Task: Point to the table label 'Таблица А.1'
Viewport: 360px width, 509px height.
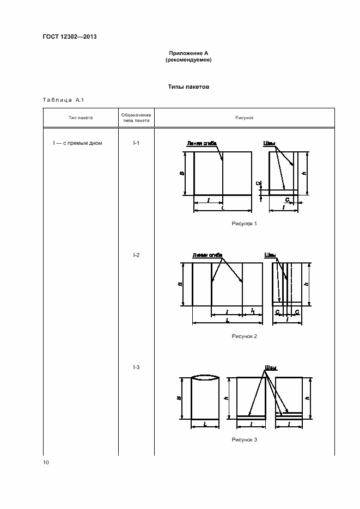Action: [62, 100]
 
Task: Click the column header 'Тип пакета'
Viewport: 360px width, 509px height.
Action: [81, 118]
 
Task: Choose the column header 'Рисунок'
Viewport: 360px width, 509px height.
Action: [244, 118]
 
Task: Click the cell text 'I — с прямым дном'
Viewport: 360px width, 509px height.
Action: [78, 143]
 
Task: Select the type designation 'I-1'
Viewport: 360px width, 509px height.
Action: [136, 143]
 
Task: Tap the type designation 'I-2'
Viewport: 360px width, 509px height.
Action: [136, 255]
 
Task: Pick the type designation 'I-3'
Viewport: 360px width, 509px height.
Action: [136, 367]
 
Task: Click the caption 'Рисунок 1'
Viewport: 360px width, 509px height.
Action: [244, 223]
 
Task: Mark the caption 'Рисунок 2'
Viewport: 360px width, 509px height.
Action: [244, 336]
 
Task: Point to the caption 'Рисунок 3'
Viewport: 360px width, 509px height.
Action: [244, 439]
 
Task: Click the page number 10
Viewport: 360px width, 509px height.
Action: [46, 462]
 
